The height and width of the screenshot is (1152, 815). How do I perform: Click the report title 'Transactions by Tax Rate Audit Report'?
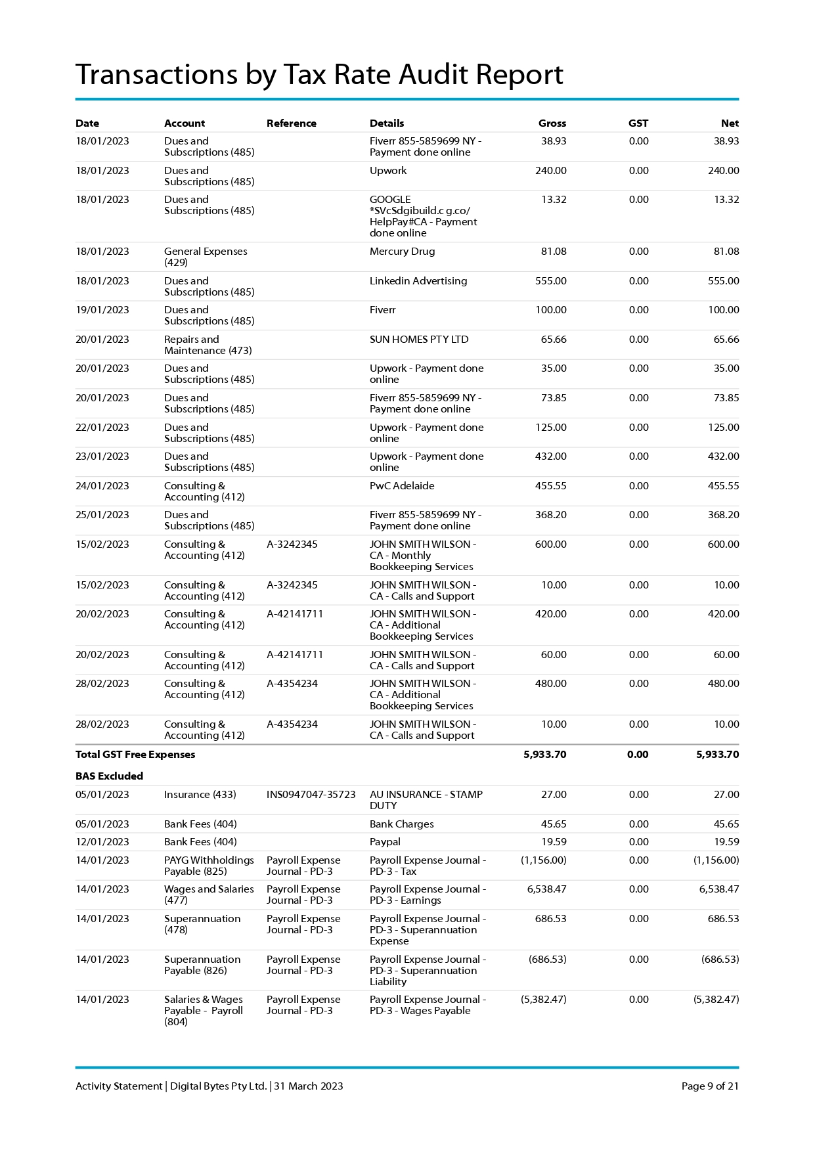pos(319,74)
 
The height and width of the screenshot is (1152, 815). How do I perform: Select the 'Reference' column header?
pos(291,123)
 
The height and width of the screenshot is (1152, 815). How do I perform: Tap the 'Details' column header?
pos(386,123)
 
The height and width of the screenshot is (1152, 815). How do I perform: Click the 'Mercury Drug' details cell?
pos(402,252)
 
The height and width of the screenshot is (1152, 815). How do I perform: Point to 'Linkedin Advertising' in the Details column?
pos(418,281)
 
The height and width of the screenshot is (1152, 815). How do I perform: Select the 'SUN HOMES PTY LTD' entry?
pos(418,340)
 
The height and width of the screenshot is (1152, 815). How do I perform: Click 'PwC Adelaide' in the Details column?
pos(401,486)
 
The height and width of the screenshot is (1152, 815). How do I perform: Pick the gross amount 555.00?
pos(550,281)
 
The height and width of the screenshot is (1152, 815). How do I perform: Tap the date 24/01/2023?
pos(102,486)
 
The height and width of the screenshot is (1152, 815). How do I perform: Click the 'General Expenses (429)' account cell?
pos(205,257)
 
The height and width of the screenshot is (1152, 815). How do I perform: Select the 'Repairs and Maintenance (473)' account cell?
pos(208,345)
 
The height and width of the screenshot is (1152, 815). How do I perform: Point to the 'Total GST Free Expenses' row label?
pos(135,755)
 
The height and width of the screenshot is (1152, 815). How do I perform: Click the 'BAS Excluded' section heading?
pos(109,776)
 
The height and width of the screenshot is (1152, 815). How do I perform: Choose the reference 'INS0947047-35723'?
pos(311,795)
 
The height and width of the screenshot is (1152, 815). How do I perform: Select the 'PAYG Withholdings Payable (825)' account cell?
pos(208,866)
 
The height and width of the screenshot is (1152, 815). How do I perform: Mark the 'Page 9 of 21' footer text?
pos(709,1086)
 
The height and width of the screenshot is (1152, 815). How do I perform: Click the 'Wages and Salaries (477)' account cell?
pos(208,895)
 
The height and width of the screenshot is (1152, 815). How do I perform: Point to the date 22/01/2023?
pos(102,428)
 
